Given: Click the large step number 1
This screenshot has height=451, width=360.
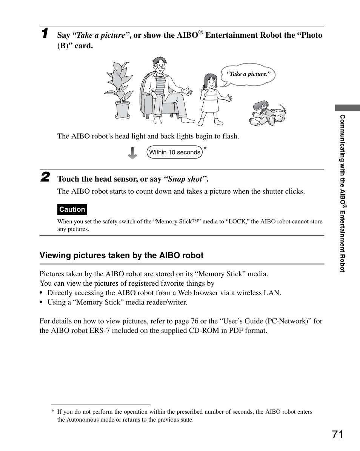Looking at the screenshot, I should pos(45,33).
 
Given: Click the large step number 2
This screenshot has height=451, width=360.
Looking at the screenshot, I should pos(45,177).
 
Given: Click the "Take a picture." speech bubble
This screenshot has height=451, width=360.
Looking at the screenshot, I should pos(248,74).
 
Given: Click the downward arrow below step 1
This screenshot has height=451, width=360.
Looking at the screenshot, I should pos(132,152).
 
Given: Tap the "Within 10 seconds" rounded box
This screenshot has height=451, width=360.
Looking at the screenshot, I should pos(175,152).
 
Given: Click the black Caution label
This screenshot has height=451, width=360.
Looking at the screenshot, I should pos(72,209).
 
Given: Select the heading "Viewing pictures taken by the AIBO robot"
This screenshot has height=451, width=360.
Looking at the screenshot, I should pos(122,256).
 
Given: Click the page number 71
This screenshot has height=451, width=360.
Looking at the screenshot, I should pos(338,434).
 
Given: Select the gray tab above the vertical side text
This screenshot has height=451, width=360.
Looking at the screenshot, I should pos(347,108).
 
